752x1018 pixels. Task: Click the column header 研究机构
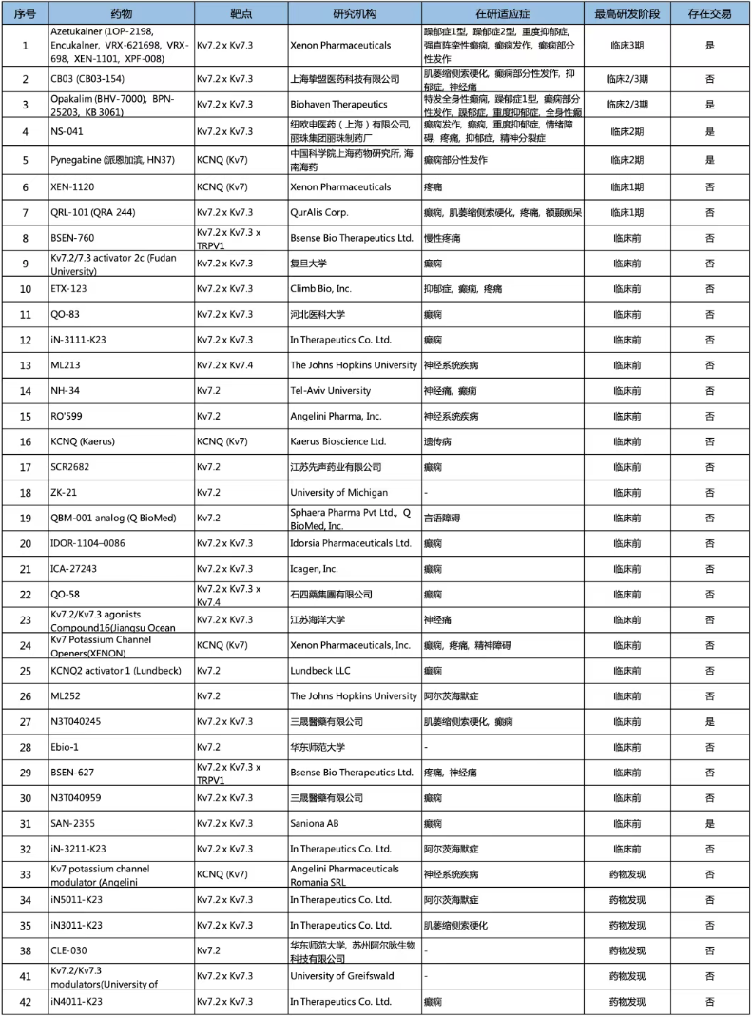tap(355, 14)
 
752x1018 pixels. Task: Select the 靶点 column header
tap(241, 14)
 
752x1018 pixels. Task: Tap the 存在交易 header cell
tap(709, 14)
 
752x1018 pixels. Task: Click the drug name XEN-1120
tap(74, 187)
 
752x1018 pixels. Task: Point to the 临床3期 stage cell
tap(632, 44)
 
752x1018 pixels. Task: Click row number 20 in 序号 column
tap(25, 543)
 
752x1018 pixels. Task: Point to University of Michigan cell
tap(338, 492)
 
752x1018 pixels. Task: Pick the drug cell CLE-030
tap(68, 949)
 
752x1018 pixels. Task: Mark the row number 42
tap(25, 1001)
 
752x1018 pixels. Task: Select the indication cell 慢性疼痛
tap(443, 237)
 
